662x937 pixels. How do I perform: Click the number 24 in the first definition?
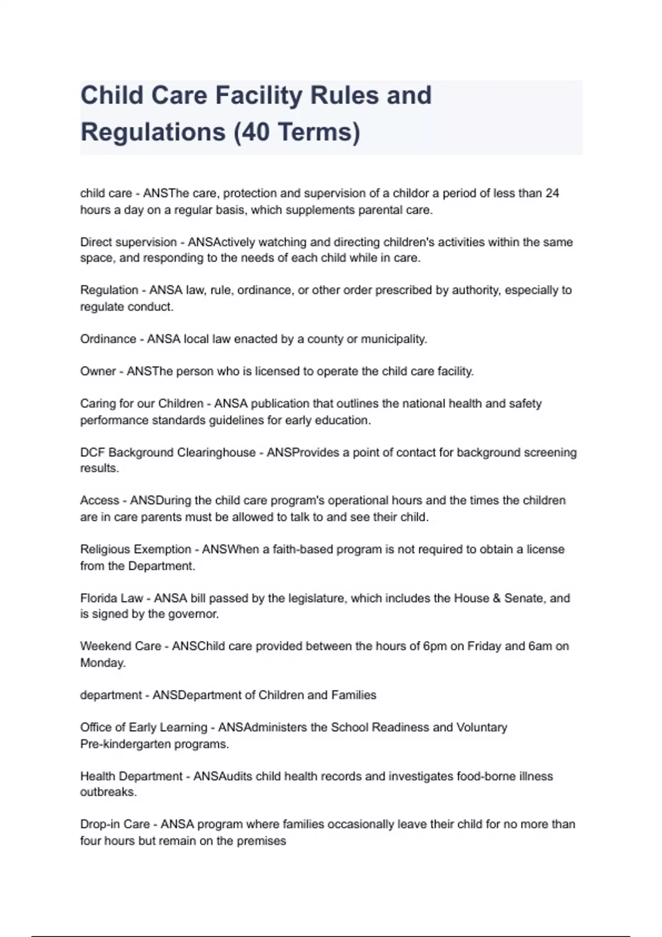pos(552,193)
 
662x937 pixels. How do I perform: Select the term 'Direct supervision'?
pos(129,243)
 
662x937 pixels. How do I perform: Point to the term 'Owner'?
pos(98,371)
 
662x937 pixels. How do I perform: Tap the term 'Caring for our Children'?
pos(141,404)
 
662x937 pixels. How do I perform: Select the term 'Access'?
pos(99,500)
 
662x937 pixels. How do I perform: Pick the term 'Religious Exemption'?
pos(136,550)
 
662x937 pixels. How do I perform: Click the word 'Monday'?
pos(103,663)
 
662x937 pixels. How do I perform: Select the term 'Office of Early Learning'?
pos(143,728)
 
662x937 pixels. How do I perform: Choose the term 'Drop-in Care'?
pos(115,825)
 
